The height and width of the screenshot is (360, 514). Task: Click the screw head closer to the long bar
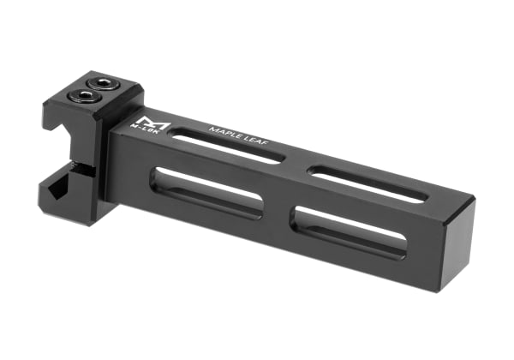(103, 82)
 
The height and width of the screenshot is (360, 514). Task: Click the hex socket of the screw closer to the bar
(103, 82)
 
